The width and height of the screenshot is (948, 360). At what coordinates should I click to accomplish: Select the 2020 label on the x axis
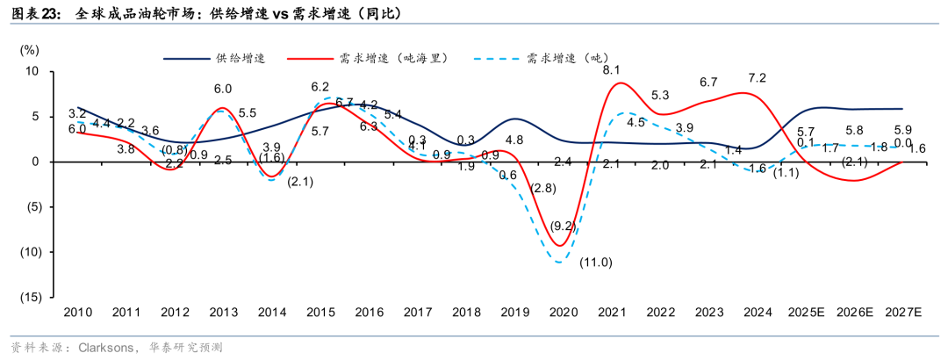pyautogui.click(x=562, y=313)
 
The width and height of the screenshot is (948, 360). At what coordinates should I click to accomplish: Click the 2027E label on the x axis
pyautogui.click(x=903, y=313)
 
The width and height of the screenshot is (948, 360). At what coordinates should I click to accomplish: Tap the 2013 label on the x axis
pyautogui.click(x=223, y=313)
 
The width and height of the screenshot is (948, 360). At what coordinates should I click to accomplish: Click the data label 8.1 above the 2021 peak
pyautogui.click(x=612, y=69)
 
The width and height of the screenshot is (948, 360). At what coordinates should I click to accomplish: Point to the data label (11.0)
pyautogui.click(x=596, y=263)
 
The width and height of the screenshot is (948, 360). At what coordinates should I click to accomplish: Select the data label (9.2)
pyautogui.click(x=562, y=226)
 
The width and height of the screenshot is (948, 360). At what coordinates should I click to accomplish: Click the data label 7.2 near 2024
pyautogui.click(x=758, y=78)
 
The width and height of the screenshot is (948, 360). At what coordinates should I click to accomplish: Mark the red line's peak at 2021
pyautogui.click(x=620, y=83)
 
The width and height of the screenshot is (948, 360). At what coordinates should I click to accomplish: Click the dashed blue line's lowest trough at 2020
pyautogui.click(x=560, y=262)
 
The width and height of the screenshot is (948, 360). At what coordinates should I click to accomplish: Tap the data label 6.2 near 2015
pyautogui.click(x=320, y=87)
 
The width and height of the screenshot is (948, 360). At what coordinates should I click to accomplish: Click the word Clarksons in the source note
pyautogui.click(x=104, y=348)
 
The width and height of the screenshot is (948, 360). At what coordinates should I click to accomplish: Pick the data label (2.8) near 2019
pyautogui.click(x=542, y=188)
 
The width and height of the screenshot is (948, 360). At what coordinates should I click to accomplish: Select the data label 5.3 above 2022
pyautogui.click(x=661, y=96)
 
